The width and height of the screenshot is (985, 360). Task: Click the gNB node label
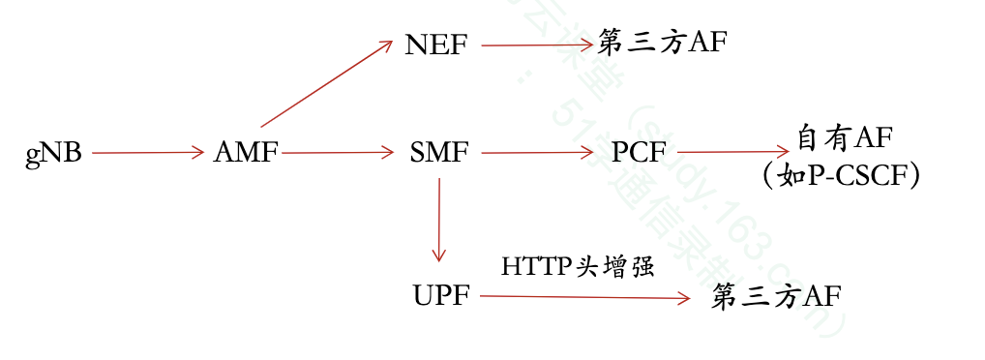pyautogui.click(x=53, y=154)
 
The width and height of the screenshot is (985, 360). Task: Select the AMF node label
pyautogui.click(x=246, y=153)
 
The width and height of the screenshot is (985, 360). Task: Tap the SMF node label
pyautogui.click(x=439, y=153)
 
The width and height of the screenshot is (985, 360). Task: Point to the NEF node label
pyautogui.click(x=436, y=45)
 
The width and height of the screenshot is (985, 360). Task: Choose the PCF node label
pyautogui.click(x=639, y=153)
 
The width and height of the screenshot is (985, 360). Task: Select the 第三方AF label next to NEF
pyautogui.click(x=662, y=44)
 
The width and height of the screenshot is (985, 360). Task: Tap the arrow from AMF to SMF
pyautogui.click(x=339, y=153)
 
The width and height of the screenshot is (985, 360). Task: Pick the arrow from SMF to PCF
pyautogui.click(x=536, y=153)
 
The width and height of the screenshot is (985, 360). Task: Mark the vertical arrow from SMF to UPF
pyautogui.click(x=439, y=218)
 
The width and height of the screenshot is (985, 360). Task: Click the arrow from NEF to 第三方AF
pyautogui.click(x=536, y=45)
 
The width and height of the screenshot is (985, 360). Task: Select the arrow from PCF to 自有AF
pyautogui.click(x=734, y=152)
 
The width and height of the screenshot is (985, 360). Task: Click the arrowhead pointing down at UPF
pyautogui.click(x=439, y=255)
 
